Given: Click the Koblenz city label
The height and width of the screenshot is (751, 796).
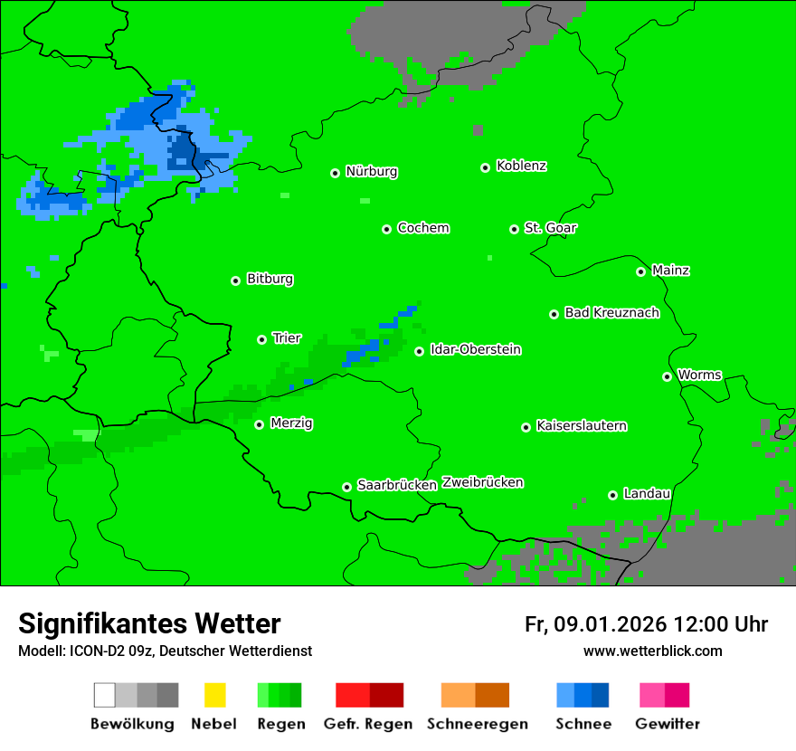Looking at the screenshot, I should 521,166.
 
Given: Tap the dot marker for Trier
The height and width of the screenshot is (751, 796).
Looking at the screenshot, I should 261,339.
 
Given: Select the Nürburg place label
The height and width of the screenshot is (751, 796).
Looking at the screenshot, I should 371,171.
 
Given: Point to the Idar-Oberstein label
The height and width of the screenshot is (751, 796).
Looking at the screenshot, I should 475,349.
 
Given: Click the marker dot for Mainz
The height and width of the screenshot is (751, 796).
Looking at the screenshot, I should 640,271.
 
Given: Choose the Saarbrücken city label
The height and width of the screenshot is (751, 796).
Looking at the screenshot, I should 397,485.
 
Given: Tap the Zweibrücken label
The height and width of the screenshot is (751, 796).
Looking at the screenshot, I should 482,482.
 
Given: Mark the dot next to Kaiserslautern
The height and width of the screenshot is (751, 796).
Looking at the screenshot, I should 526,427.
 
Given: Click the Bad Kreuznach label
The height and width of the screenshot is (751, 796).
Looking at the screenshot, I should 611,312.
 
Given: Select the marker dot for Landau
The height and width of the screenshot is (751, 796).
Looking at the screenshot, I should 612,495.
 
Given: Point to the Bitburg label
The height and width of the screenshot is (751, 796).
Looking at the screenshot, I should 270,279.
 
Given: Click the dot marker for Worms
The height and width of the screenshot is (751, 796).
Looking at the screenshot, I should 667,376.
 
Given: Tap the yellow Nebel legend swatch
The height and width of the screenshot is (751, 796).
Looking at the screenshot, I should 214,695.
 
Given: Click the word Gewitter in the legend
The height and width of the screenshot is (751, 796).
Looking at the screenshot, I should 667,724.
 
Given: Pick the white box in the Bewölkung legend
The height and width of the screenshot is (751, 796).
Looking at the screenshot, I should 105,695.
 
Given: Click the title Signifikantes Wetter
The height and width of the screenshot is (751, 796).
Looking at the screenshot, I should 149,623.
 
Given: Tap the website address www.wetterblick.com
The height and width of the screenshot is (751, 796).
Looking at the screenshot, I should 652,651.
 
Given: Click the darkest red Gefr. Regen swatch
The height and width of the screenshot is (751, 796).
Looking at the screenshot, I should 386,695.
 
